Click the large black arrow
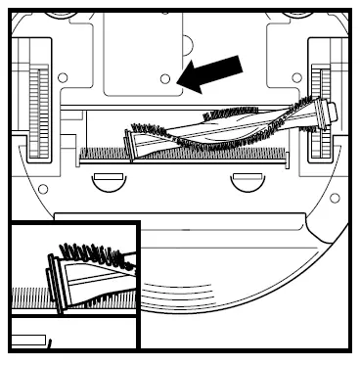click(x=214, y=73)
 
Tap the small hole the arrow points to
click(x=165, y=76)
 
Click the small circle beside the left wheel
click(x=63, y=77)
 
